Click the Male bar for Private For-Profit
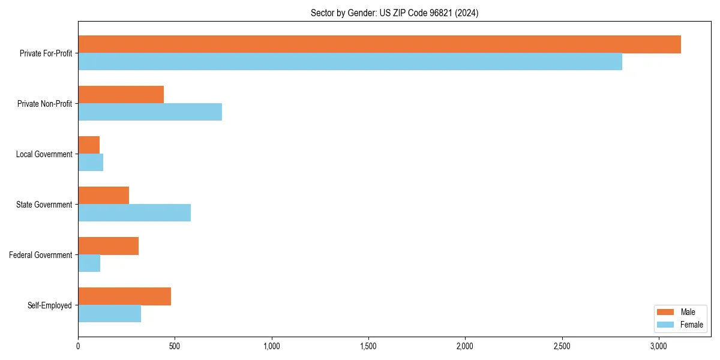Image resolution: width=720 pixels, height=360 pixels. pyautogui.click(x=379, y=44)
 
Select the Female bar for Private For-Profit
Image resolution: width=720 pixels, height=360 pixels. pyautogui.click(x=350, y=62)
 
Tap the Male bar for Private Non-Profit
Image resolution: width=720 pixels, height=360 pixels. pyautogui.click(x=121, y=95)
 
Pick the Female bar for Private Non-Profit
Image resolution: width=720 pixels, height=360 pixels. pyautogui.click(x=150, y=112)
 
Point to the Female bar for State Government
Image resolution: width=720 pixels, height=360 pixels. pyautogui.click(x=134, y=213)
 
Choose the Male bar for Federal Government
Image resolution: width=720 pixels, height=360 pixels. pyautogui.click(x=108, y=246)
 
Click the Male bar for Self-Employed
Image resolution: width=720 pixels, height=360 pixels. pyautogui.click(x=124, y=296)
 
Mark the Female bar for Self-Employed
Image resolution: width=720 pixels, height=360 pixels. pyautogui.click(x=109, y=314)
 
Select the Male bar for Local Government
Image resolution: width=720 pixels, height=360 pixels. pyautogui.click(x=89, y=145)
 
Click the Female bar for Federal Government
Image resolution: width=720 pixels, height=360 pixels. pyautogui.click(x=89, y=263)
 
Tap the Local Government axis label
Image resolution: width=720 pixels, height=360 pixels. pyautogui.click(x=44, y=154)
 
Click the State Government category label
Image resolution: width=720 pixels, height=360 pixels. pyautogui.click(x=44, y=205)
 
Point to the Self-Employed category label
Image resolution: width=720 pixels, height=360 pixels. pyautogui.click(x=50, y=305)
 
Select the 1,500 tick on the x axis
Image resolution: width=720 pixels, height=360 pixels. pyautogui.click(x=368, y=346)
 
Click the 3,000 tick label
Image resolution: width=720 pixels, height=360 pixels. pyautogui.click(x=659, y=346)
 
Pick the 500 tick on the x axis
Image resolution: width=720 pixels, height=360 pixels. pyautogui.click(x=175, y=346)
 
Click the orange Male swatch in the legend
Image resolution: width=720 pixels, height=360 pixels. pyautogui.click(x=665, y=312)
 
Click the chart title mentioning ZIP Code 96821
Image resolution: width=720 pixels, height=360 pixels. pyautogui.click(x=394, y=13)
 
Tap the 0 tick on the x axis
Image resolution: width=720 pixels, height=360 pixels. pyautogui.click(x=78, y=346)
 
